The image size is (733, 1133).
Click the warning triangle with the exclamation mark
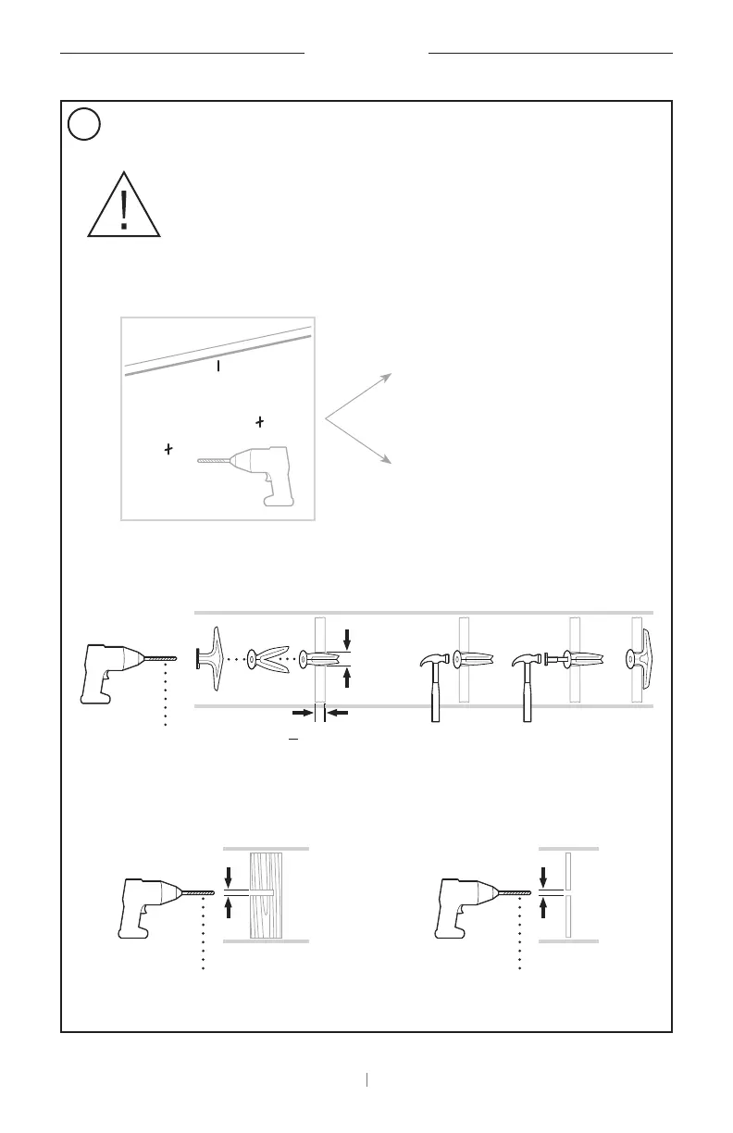click(125, 205)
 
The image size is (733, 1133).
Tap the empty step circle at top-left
click(83, 124)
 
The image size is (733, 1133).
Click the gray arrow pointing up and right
click(361, 396)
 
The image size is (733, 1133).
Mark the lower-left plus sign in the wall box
click(168, 449)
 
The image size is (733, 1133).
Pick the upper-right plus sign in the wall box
click(260, 422)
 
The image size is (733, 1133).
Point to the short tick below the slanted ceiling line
click(218, 367)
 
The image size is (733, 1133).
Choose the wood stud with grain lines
click(266, 893)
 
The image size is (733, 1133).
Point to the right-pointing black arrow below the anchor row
click(303, 713)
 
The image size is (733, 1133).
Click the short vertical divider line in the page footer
click(367, 1078)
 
